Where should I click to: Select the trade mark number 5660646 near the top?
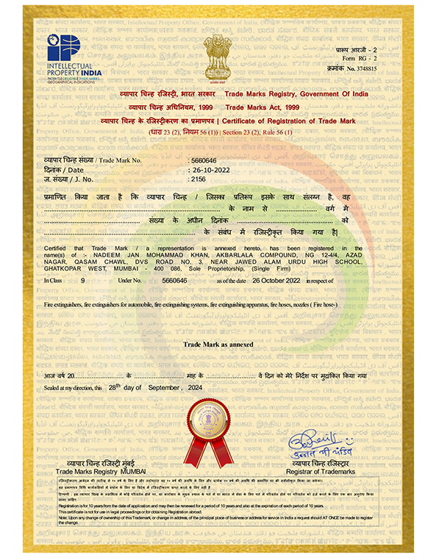pos(204,159)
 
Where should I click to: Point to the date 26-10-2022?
pos(207,169)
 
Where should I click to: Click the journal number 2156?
pos(198,179)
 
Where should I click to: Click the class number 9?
pos(82,281)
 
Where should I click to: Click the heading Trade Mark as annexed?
pos(218,344)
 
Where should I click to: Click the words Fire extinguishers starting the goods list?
pos(65,303)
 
